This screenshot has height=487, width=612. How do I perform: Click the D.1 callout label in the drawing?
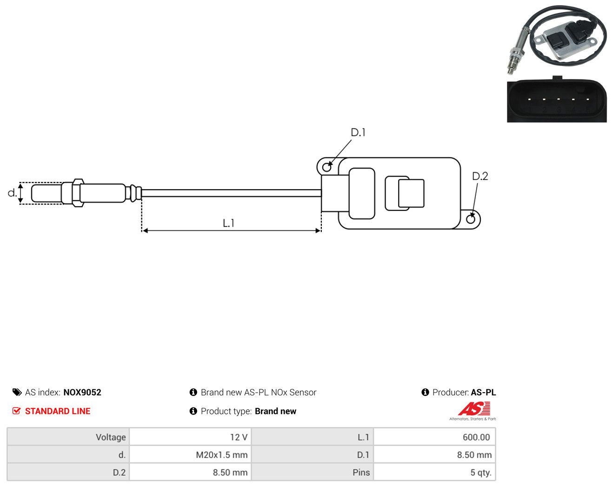(358, 132)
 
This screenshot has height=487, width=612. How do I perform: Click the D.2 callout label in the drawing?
(480, 176)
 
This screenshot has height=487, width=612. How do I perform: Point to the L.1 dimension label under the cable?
(228, 223)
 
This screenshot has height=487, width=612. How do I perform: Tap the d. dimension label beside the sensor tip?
(12, 193)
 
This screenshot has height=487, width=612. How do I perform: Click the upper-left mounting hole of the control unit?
(327, 167)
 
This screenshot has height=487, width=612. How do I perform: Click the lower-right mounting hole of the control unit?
(471, 219)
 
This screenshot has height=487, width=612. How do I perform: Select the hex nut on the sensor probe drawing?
(78, 193)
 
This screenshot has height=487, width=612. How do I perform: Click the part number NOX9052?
(82, 392)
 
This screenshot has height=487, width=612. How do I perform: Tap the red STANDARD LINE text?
(58, 411)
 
